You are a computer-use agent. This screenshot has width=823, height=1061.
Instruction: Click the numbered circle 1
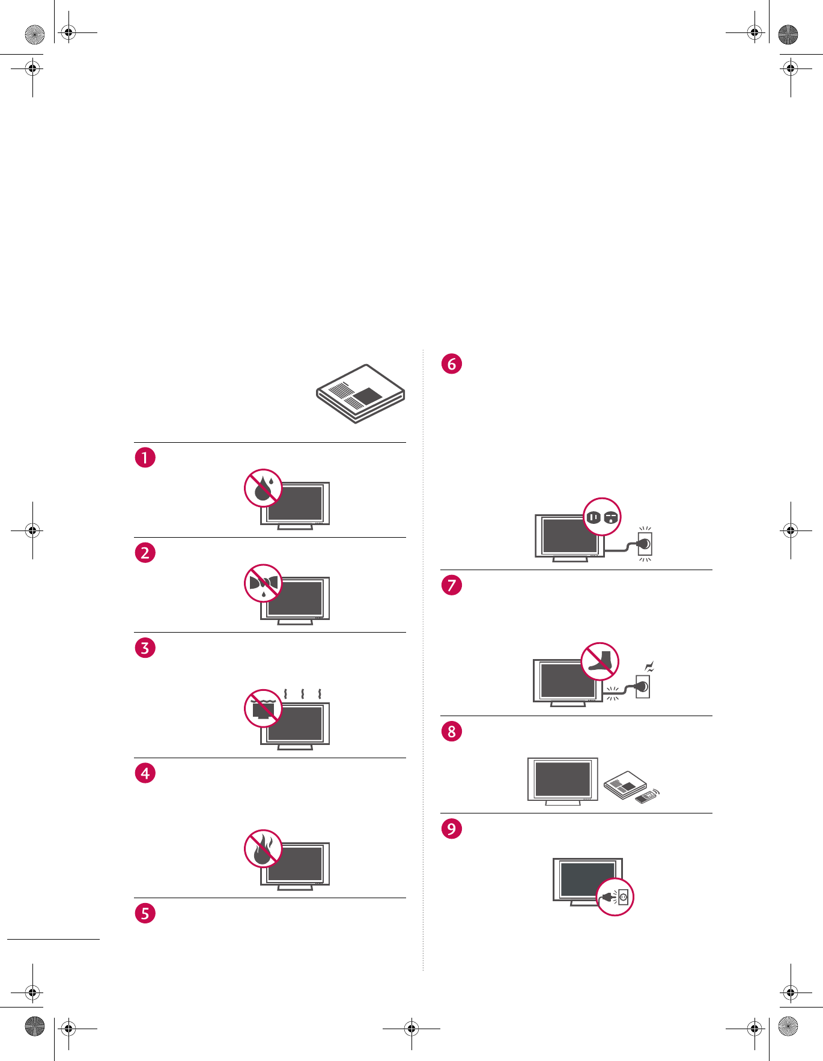coord(145,457)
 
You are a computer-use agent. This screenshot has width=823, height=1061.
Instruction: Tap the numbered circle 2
coord(145,553)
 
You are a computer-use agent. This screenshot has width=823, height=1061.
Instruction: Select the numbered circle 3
coord(145,648)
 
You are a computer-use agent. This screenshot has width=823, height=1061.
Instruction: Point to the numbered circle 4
coord(145,773)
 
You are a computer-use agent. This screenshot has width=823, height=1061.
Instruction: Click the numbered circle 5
coord(145,913)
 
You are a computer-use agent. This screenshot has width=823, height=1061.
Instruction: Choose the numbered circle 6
coord(452,363)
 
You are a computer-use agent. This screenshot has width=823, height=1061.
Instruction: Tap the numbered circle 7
coord(452,585)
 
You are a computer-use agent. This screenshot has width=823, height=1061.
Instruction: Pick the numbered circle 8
coord(452,731)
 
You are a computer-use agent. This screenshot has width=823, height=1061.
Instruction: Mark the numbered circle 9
coord(452,828)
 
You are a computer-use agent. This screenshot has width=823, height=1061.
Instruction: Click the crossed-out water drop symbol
coord(263,488)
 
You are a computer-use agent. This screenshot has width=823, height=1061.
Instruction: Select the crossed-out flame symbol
coord(263,848)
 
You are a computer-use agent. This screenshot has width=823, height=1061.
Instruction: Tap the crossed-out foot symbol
coord(600,661)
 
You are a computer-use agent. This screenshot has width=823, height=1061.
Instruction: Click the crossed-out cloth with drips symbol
coord(263,583)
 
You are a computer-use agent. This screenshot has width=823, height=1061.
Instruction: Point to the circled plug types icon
coord(602,517)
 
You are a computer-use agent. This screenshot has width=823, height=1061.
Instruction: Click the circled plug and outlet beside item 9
coord(615,897)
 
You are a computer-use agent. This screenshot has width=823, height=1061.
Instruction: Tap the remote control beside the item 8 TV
coord(645,798)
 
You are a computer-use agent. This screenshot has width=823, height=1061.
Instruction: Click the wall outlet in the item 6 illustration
coord(645,544)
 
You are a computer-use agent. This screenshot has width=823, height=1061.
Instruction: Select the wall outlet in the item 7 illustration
coord(643,686)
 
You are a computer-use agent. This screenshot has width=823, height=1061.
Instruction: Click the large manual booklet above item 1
coord(361,394)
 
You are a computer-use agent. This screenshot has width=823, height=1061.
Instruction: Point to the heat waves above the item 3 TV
coord(302,695)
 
